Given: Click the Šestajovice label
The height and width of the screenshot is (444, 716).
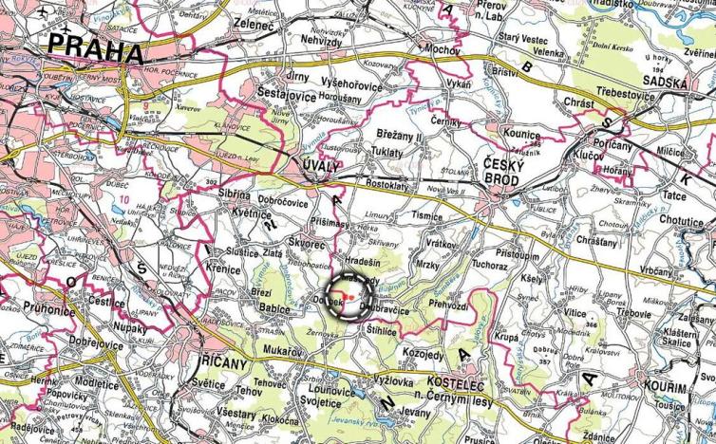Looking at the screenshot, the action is (x=284, y=93).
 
